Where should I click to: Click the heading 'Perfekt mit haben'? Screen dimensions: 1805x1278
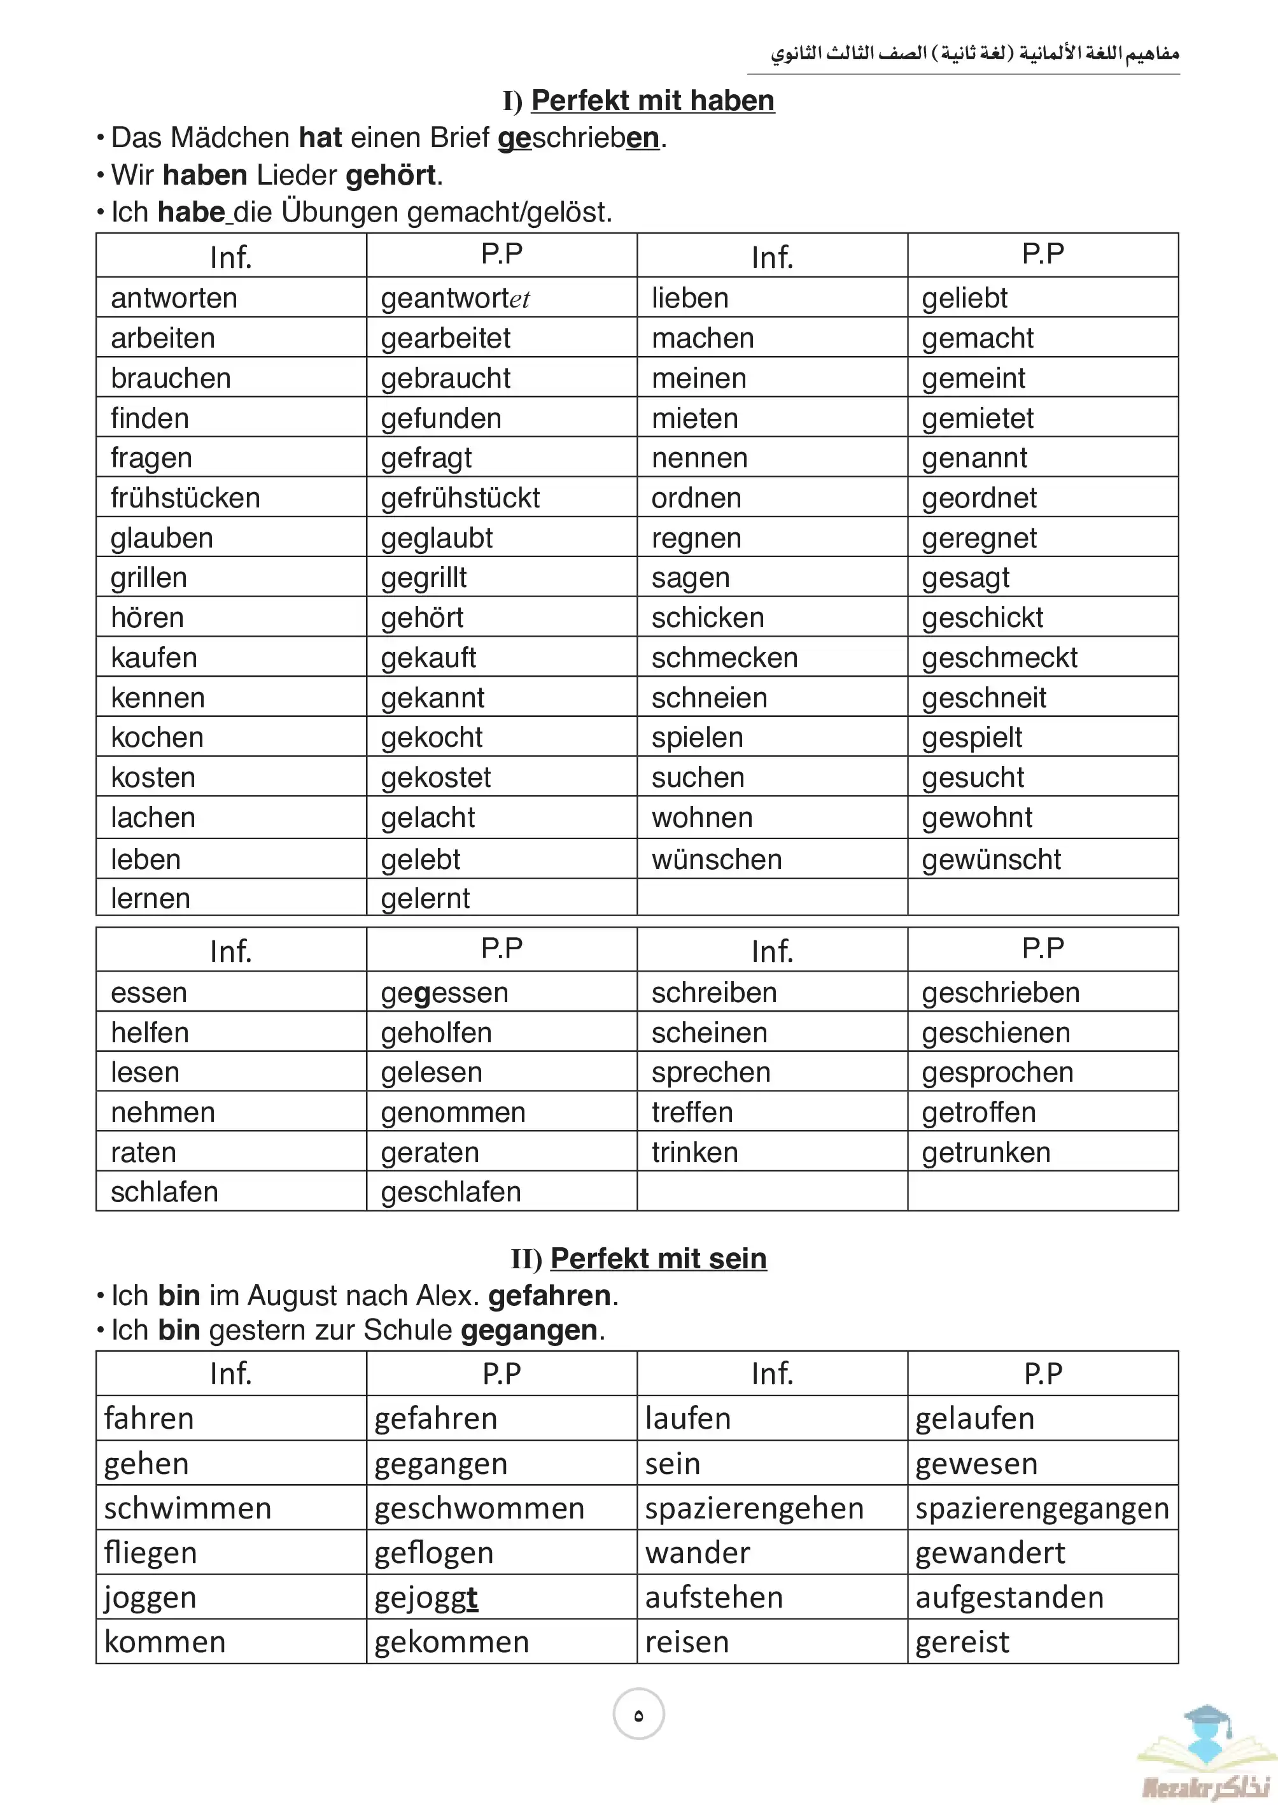[652, 101]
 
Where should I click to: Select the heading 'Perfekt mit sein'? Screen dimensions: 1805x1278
[658, 1259]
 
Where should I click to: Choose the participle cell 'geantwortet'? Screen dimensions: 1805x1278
[455, 299]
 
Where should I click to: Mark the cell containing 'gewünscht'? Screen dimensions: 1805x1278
[991, 859]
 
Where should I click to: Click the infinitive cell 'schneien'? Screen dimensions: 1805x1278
[709, 697]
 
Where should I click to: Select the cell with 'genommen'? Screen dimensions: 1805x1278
[453, 1112]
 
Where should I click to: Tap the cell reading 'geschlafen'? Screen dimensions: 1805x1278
[451, 1192]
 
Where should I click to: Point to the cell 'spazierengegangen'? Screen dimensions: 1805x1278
[1042, 1508]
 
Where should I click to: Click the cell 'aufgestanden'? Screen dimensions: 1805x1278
[1009, 1597]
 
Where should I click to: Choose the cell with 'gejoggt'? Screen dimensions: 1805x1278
[426, 1597]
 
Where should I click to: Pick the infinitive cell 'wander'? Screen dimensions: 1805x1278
[697, 1553]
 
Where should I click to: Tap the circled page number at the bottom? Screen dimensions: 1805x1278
[638, 1715]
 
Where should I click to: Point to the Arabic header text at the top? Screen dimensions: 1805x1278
[974, 53]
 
